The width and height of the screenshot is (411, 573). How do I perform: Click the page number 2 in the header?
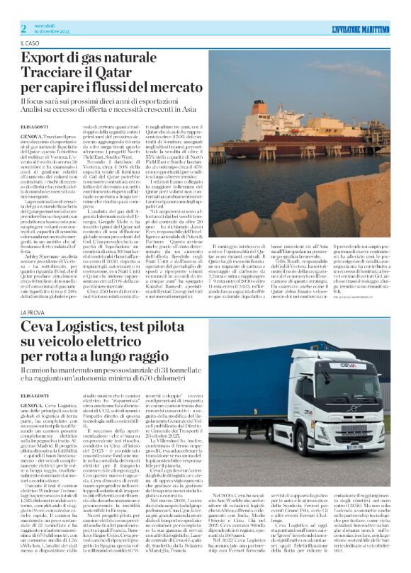(x=23, y=28)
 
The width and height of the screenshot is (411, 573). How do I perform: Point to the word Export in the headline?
(x=43, y=59)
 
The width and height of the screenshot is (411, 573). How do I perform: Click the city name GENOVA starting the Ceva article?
(x=33, y=404)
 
